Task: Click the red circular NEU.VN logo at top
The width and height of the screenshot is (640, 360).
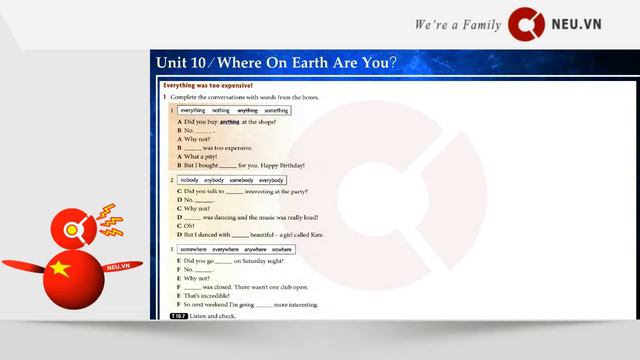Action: pos(525,23)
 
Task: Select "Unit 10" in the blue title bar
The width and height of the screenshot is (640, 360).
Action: pos(181,63)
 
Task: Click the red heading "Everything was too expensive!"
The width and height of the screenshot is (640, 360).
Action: pos(208,86)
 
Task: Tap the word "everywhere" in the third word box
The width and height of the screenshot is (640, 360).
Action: pos(225,248)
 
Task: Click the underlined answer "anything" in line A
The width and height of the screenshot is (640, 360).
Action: pos(230,121)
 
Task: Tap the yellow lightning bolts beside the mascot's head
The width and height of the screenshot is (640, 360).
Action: pos(107,217)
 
